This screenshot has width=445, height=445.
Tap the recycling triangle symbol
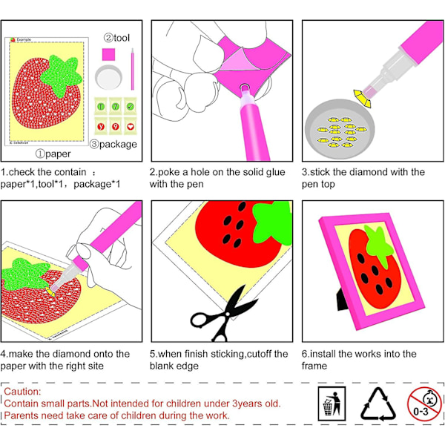click(x=378, y=404)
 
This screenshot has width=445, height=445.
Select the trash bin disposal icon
click(x=332, y=403)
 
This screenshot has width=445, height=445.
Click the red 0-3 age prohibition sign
click(x=424, y=404)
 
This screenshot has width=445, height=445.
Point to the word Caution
click(x=22, y=392)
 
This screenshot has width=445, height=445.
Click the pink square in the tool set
click(x=109, y=54)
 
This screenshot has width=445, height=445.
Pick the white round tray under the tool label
click(x=109, y=77)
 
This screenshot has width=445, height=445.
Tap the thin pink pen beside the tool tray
click(x=133, y=69)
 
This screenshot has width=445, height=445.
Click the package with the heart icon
click(x=131, y=126)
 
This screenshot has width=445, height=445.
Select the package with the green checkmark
click(x=131, y=106)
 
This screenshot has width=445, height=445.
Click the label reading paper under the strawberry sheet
click(x=58, y=154)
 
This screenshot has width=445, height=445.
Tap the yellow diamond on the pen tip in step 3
click(x=363, y=98)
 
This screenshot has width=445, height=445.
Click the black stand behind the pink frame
click(x=343, y=300)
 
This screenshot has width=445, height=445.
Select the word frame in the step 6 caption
click(x=314, y=366)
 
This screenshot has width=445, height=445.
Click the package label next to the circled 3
click(x=118, y=144)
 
